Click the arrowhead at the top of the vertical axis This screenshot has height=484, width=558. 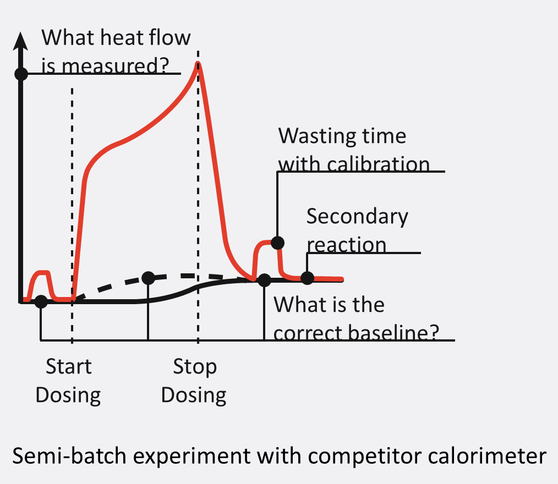click(21, 41)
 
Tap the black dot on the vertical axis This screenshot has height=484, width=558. click(21, 74)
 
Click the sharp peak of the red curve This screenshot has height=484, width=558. click(198, 63)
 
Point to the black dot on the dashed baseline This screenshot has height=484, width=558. click(149, 278)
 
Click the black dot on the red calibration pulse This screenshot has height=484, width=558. click(277, 243)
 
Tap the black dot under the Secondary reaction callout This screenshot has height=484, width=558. click(307, 278)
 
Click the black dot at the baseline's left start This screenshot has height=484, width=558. click(41, 301)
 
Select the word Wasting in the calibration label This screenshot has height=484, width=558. click(318, 137)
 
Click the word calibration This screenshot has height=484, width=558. click(378, 164)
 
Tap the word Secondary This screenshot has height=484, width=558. click(357, 217)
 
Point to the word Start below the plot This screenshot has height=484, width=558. click(69, 366)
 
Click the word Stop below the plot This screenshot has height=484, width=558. click(195, 367)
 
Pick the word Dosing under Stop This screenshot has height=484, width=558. click(194, 395)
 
